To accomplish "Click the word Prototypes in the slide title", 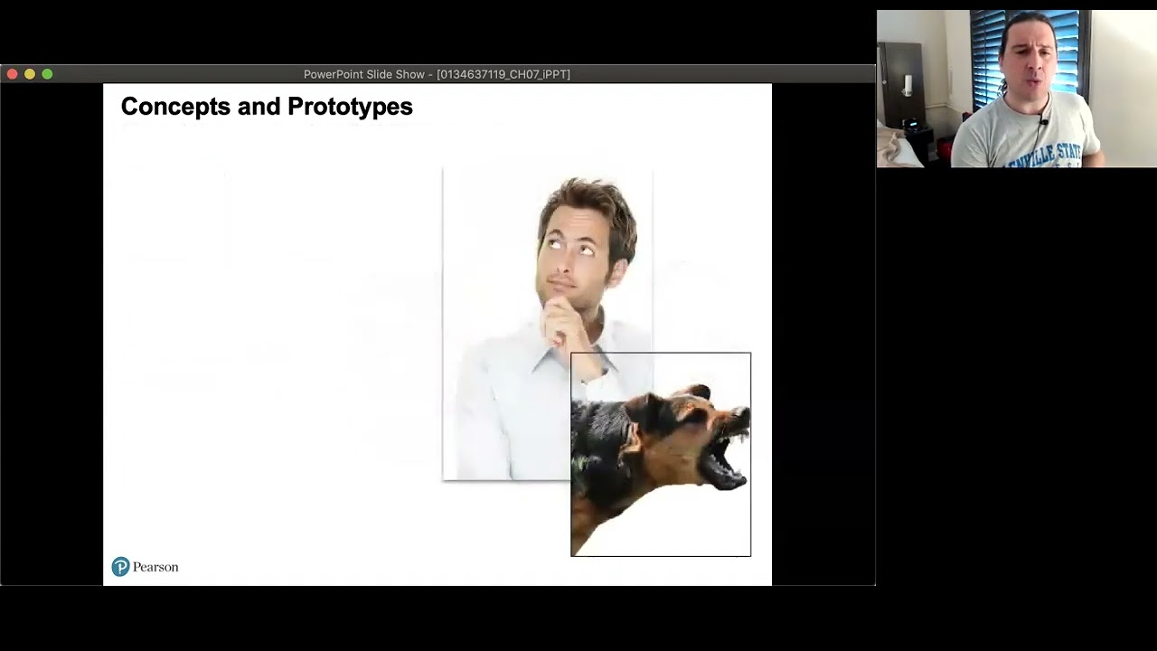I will point(350,107).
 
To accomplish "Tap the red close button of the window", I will point(13,74).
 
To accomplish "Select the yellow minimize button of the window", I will point(30,74).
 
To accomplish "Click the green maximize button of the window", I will point(47,74).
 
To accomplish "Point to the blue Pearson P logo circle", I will point(120,567).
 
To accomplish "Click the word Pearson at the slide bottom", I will point(155,567).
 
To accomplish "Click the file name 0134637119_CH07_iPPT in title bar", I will point(503,74).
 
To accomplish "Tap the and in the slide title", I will point(259,107).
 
